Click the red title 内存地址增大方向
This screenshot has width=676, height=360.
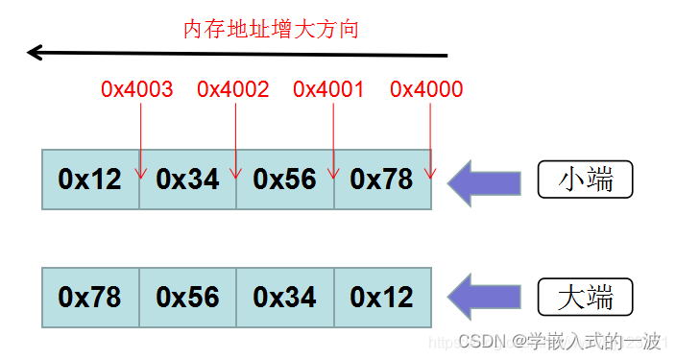pos(271,29)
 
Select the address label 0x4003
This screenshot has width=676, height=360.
pos(137,90)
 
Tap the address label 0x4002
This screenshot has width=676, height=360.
pos(233,90)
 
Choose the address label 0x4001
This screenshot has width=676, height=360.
pos(329,90)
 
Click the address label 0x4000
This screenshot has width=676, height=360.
pos(426,90)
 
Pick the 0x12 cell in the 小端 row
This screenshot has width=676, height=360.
pos(90,180)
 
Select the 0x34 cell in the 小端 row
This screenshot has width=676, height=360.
pos(188,180)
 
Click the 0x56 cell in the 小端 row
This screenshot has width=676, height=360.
pos(285,180)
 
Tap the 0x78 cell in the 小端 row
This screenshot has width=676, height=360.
pos(382,180)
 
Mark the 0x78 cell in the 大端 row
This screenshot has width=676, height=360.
pos(90,298)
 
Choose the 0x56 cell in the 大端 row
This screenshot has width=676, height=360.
pos(188,298)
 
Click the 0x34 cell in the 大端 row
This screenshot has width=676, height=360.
pos(285,298)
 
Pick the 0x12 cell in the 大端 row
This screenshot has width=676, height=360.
pos(382,298)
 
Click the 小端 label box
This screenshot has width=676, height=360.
pos(586,180)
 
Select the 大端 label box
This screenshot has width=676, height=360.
pos(586,298)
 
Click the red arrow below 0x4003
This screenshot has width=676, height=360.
pos(141,139)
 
